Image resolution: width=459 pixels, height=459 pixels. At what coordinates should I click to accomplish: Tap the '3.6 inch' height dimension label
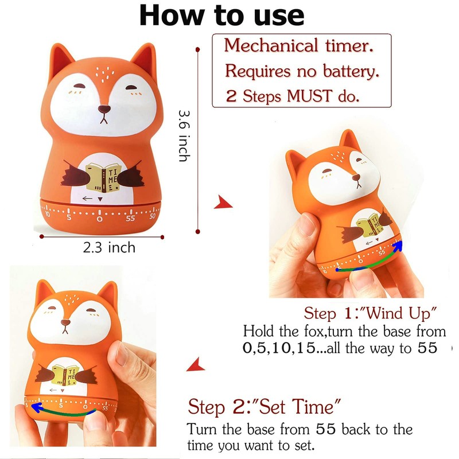tap(184, 135)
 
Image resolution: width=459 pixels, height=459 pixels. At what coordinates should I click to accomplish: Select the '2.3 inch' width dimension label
tap(109, 247)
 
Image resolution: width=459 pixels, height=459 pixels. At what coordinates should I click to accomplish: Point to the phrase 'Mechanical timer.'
tap(299, 46)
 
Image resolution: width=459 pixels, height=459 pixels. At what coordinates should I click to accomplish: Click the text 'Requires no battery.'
tap(302, 72)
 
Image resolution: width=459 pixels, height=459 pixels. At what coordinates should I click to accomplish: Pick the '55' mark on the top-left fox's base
tap(130, 218)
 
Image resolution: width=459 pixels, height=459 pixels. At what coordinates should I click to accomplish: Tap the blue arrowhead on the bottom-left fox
tap(36, 408)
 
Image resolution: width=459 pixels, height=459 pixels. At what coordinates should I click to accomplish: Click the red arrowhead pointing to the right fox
tap(221, 203)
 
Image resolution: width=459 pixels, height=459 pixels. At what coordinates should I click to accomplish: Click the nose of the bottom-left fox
tap(65, 324)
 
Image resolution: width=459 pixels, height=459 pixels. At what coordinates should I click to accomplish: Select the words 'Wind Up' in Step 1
tap(402, 313)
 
